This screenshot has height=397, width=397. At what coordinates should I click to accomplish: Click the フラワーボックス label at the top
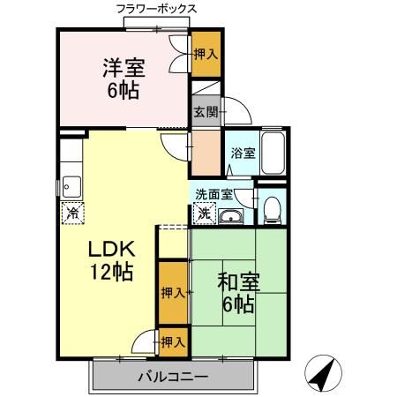(157, 10)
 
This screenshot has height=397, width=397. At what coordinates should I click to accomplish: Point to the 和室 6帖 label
(236, 295)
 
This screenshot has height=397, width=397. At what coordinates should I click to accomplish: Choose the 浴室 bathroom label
(243, 153)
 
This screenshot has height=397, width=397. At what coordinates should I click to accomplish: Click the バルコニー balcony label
(172, 378)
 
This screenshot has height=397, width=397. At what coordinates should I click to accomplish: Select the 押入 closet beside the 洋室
(206, 55)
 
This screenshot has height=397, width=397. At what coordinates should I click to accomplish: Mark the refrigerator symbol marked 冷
(73, 213)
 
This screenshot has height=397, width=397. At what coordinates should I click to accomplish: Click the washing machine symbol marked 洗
(204, 213)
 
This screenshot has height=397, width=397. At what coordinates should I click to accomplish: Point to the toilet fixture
(272, 208)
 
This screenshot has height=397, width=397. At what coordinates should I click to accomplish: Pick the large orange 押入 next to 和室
(173, 293)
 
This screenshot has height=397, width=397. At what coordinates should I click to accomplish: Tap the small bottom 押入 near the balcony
(173, 341)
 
